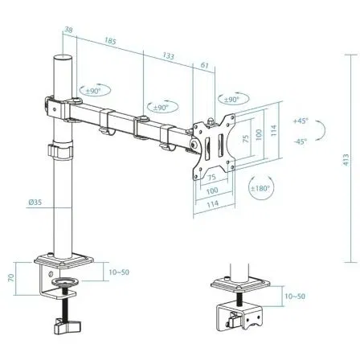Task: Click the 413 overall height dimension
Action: tap(347, 160)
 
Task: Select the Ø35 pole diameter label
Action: tap(35, 203)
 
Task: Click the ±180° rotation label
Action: tap(260, 188)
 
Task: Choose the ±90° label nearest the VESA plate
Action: tap(230, 100)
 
